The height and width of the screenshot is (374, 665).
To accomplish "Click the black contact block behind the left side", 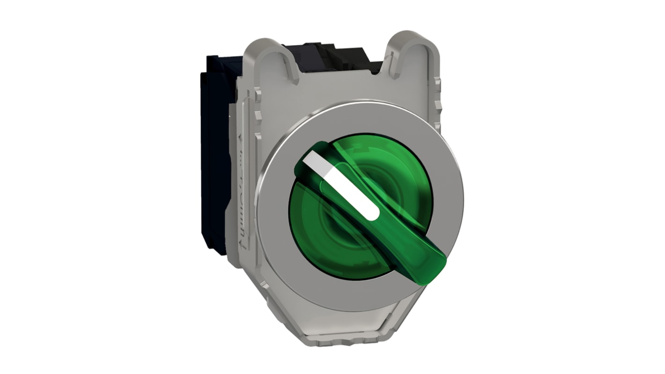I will pos(215,155).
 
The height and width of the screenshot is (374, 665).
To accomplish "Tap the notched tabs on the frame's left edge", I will pos(258,117).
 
